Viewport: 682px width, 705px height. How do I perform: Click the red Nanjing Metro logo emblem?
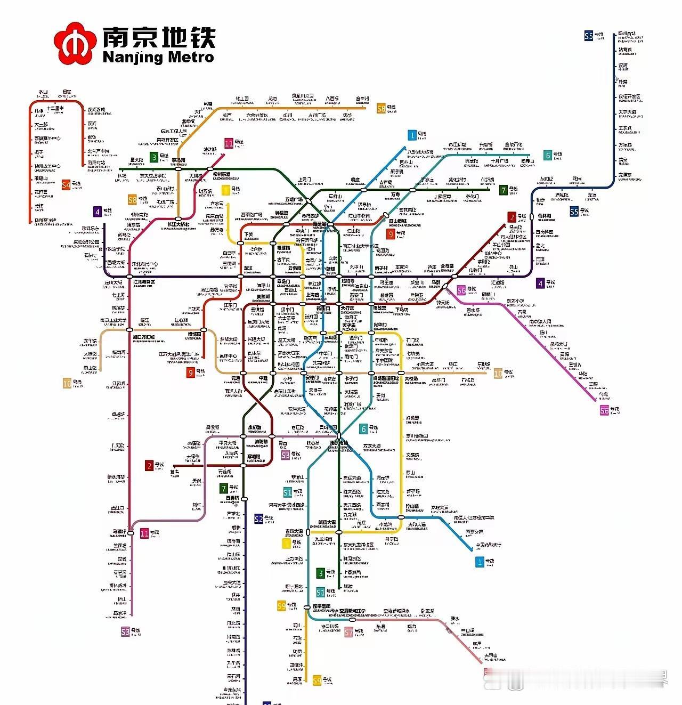tap(75, 44)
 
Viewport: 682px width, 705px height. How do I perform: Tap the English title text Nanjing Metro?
tap(158, 57)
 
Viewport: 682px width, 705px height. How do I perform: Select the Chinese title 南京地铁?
tap(158, 37)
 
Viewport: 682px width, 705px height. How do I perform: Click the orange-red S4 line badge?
tap(66, 185)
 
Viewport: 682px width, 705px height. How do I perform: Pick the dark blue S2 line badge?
tap(258, 519)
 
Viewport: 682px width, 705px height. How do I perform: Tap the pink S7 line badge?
tap(349, 632)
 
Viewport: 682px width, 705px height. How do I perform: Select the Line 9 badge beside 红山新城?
tap(391, 234)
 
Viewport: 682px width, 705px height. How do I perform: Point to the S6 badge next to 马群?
tap(461, 290)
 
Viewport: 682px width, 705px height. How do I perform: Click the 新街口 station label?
tap(323, 309)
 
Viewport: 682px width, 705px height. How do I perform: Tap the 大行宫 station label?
tap(347, 309)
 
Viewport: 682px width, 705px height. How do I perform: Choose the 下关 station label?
tap(248, 234)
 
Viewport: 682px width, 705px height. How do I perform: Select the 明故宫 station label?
tap(379, 309)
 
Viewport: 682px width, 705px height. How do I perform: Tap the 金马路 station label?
tap(446, 266)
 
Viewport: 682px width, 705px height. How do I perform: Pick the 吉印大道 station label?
tap(294, 531)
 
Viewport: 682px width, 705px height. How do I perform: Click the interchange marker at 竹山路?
tap(401, 517)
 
